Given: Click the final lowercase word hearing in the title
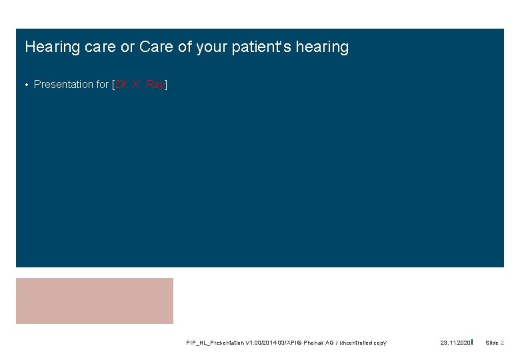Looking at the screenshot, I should click(324, 47).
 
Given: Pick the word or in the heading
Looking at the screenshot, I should click(127, 47).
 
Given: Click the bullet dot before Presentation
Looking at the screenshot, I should click(26, 85).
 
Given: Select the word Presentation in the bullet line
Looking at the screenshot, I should click(64, 84).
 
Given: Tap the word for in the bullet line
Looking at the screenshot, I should click(103, 84).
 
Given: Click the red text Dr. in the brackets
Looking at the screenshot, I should click(123, 84).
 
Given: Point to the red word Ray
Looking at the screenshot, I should click(154, 84).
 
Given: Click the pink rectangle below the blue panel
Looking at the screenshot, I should click(94, 301).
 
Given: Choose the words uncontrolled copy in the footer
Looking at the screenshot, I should click(364, 343).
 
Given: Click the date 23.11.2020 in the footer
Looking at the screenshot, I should click(455, 343).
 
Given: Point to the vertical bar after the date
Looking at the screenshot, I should click(472, 342).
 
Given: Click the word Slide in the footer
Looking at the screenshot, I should click(492, 343).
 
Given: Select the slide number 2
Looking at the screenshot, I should click(502, 343).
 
